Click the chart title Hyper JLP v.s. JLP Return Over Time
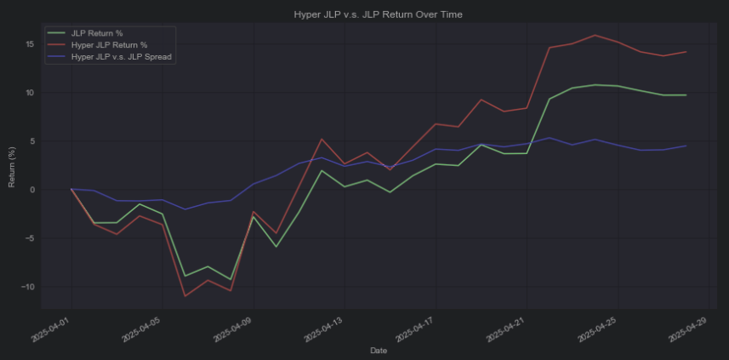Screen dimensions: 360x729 378,14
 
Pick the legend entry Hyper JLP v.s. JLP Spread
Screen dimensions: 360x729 122,56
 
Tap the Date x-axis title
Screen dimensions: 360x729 378,350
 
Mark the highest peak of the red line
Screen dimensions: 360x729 595,35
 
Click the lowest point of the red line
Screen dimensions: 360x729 185,296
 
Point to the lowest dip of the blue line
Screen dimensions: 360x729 185,209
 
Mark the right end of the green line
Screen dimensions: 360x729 686,95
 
